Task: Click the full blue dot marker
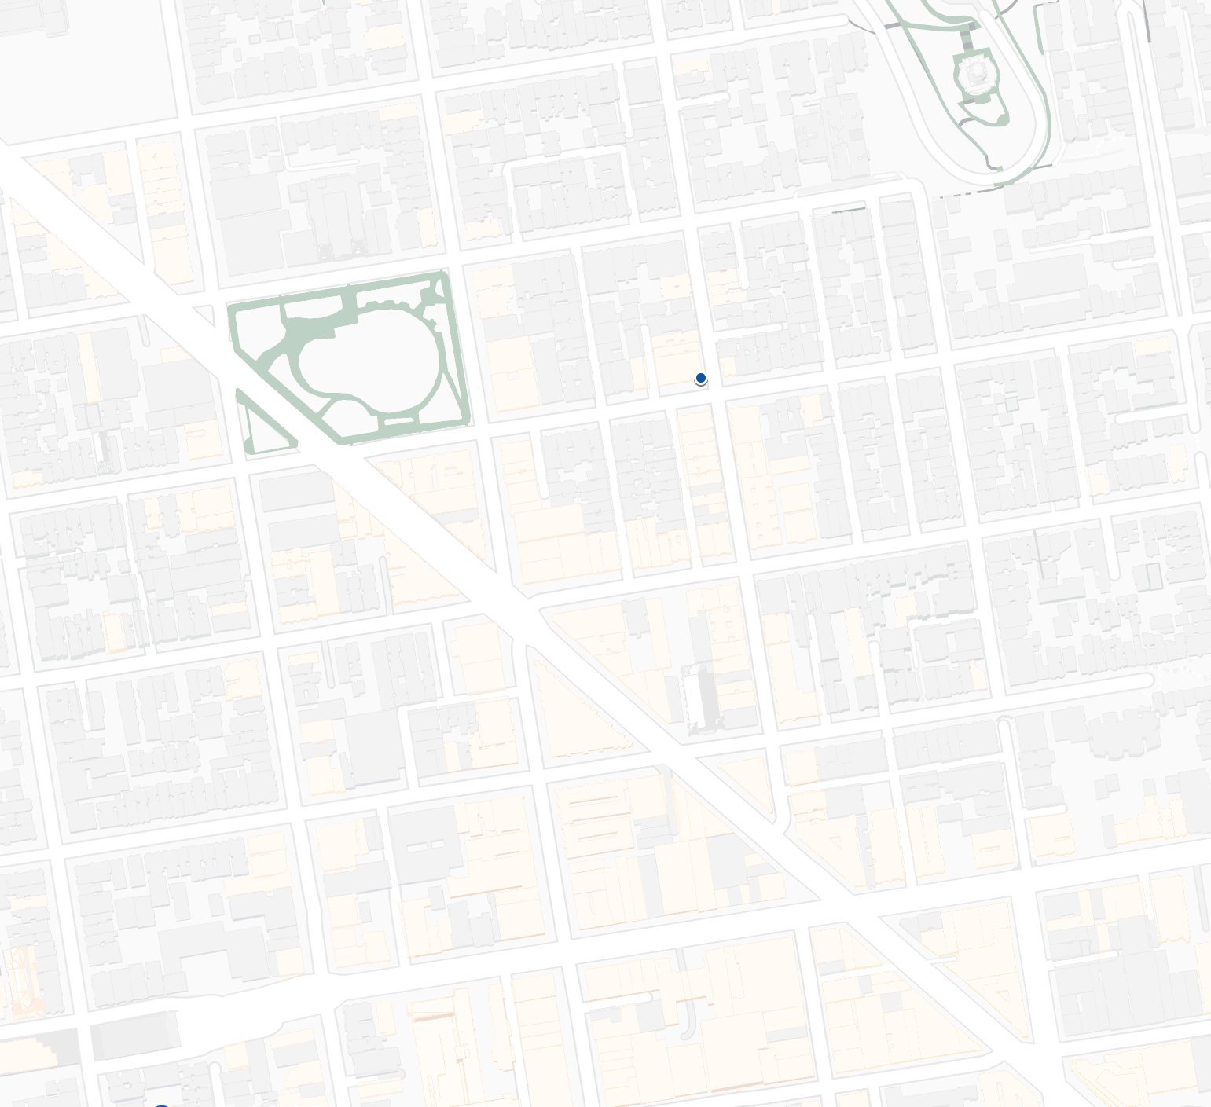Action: click(701, 378)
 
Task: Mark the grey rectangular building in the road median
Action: click(134, 1036)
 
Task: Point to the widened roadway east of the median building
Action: click(228, 1021)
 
